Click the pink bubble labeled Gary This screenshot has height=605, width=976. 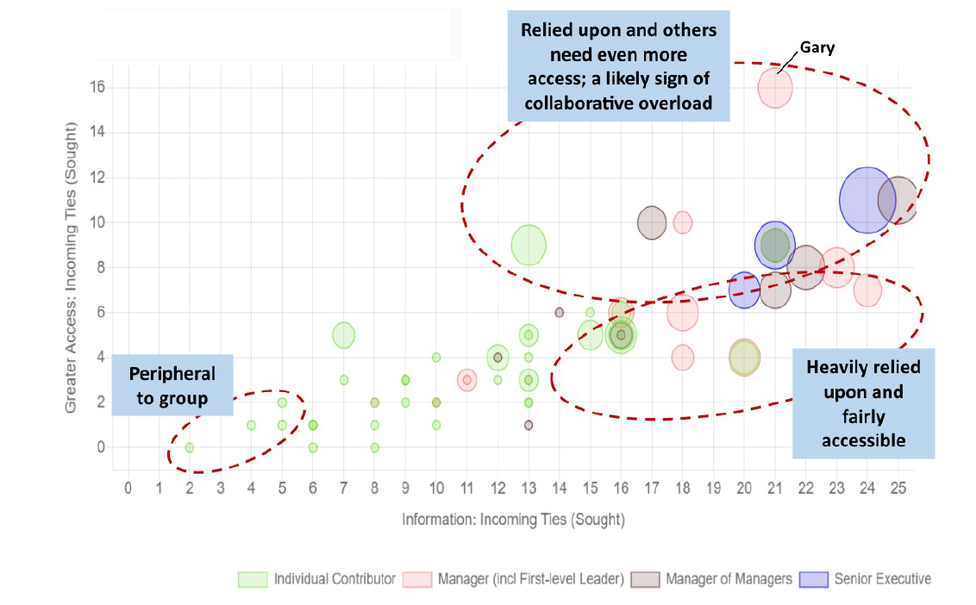[x=775, y=88]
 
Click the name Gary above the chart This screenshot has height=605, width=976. [x=817, y=48]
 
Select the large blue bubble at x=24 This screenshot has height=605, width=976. [x=866, y=200]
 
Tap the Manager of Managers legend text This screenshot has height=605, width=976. [x=729, y=579]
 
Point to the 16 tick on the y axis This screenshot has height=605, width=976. [x=94, y=87]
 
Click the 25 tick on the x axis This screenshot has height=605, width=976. [x=898, y=489]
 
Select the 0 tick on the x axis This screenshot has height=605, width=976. [x=128, y=489]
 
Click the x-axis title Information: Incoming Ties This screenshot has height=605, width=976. [x=513, y=521]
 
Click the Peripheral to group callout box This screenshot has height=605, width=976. [x=172, y=384]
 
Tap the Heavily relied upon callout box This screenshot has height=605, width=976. [x=863, y=403]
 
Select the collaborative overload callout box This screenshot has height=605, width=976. [x=618, y=66]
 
